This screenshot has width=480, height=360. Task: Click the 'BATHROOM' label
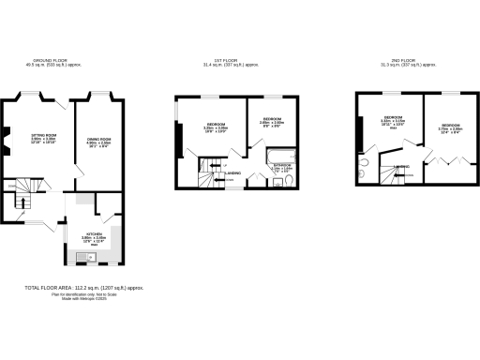click(x=281, y=167)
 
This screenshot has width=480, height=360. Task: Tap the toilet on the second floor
click(x=363, y=169)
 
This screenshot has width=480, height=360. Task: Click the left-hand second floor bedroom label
click(x=393, y=120)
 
